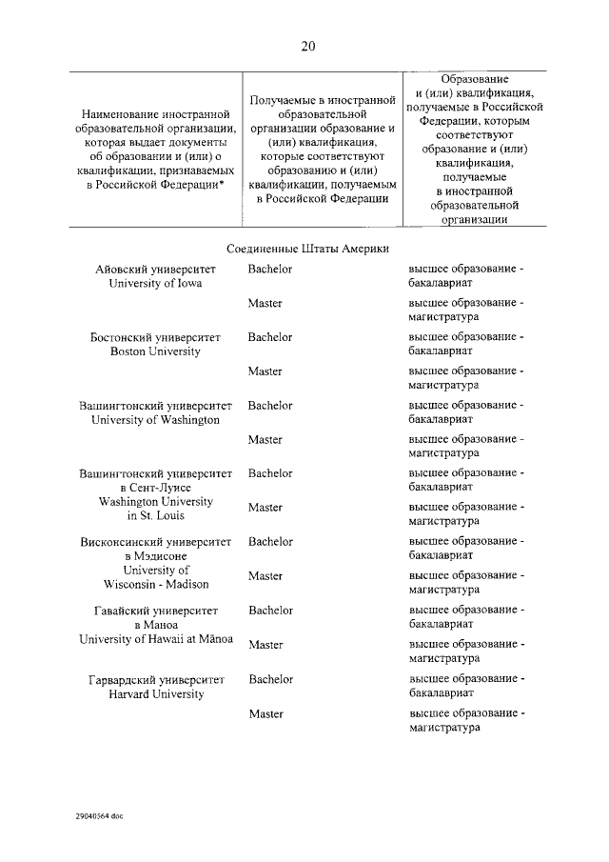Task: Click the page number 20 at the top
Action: [x=306, y=46]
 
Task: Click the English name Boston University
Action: [x=155, y=351]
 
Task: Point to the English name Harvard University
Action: [x=156, y=694]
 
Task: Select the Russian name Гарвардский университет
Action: [x=156, y=680]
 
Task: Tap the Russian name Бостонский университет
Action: [x=155, y=338]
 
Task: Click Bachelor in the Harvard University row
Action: [x=270, y=679]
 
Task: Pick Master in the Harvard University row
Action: [x=265, y=713]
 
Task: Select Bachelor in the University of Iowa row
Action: [x=270, y=269]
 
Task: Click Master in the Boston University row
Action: [x=265, y=371]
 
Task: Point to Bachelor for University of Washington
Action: [x=270, y=406]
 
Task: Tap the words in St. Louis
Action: [x=156, y=515]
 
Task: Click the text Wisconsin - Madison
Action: [x=156, y=584]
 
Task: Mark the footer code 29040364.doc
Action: [x=98, y=816]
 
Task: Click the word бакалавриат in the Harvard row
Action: [x=441, y=693]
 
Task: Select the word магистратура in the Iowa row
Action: [x=443, y=316]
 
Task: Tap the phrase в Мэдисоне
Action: [x=156, y=556]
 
